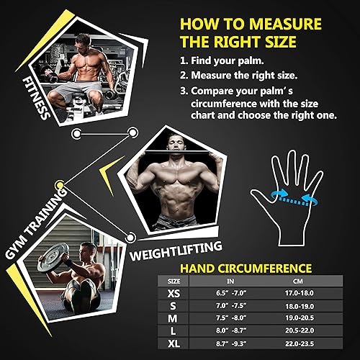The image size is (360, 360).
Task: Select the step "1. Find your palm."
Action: point(223,61)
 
